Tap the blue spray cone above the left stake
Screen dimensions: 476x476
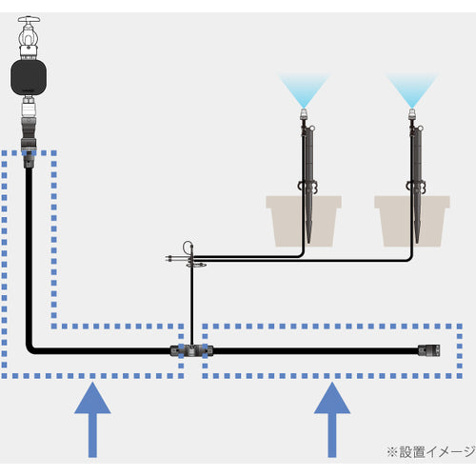click(x=304, y=89)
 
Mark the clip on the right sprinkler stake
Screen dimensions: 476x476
click(x=415, y=187)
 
